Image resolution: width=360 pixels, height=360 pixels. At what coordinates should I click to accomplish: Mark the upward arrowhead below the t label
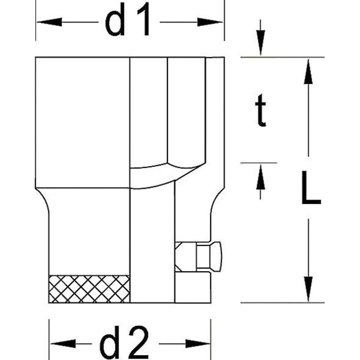point(261,178)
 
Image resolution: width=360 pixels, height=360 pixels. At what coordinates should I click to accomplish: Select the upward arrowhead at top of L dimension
point(307,72)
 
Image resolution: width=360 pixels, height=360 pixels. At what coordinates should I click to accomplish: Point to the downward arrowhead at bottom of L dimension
point(307,288)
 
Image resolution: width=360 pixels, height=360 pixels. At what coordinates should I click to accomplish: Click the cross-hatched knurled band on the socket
point(89,289)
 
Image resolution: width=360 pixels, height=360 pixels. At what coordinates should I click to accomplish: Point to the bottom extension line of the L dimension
point(283,303)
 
